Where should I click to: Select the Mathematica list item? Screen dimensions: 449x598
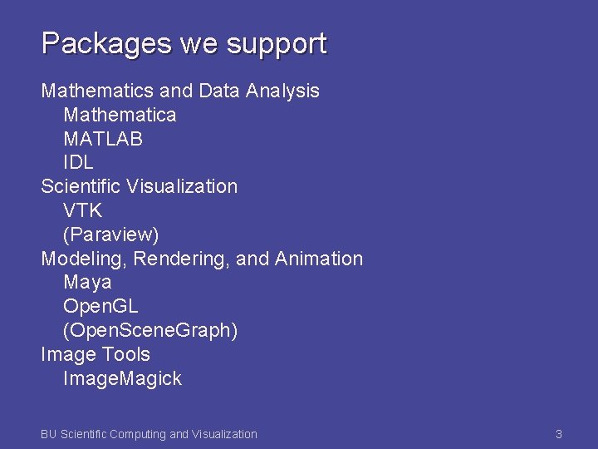[x=120, y=114]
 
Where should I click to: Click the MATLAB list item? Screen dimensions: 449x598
[x=103, y=138]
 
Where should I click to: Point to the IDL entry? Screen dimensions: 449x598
[x=78, y=162]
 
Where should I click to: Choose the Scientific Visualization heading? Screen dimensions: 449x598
[x=140, y=186]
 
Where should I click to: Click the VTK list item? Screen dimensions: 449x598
[x=82, y=210]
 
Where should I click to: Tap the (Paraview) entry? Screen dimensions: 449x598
[x=111, y=234]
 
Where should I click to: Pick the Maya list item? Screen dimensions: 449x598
[x=87, y=283]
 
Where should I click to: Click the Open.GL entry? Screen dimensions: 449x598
[x=100, y=307]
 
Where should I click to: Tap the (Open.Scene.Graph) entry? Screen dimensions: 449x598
[x=150, y=331]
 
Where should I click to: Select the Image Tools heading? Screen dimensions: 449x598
[x=96, y=354]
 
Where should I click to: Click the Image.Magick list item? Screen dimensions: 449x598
[x=122, y=378]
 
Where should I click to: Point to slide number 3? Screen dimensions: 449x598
[x=559, y=434]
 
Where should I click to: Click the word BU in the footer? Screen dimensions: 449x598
[x=49, y=434]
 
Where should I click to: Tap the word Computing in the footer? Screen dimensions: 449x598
[x=138, y=434]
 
